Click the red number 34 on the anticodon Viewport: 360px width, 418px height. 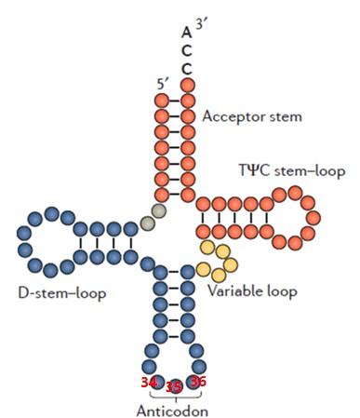(149, 382)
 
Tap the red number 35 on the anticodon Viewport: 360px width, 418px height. (173, 386)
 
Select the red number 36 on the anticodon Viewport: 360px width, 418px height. (196, 381)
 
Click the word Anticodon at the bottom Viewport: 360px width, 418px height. (173, 411)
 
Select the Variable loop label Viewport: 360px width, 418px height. (252, 291)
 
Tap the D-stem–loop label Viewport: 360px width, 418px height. (60, 293)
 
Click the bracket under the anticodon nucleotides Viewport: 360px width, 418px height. (173, 398)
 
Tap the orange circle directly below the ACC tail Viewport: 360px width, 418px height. (187, 86)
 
